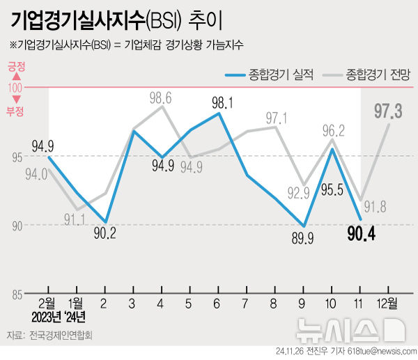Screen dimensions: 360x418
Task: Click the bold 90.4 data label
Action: click(x=362, y=235)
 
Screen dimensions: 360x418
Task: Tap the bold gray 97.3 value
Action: click(x=388, y=111)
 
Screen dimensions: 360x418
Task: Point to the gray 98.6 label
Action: click(x=161, y=97)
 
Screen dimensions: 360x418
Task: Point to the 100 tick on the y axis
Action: click(x=15, y=88)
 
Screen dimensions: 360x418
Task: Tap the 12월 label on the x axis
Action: click(x=387, y=304)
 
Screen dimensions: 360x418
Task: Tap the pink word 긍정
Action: click(x=16, y=68)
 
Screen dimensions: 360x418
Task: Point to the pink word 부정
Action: click(x=15, y=110)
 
